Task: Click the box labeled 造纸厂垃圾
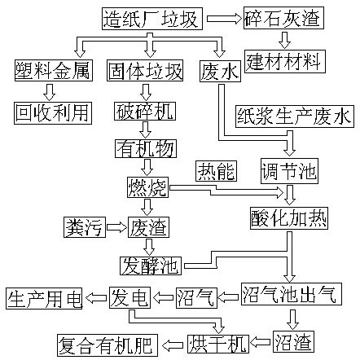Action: pyautogui.click(x=152, y=19)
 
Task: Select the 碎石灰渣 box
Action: pyautogui.click(x=283, y=18)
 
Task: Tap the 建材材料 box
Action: pyautogui.click(x=285, y=61)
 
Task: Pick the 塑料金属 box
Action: pyautogui.click(x=54, y=71)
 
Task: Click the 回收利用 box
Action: pyautogui.click(x=53, y=113)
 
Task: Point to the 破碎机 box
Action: pyautogui.click(x=145, y=112)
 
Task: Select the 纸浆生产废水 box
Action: pyautogui.click(x=295, y=116)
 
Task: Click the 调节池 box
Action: pyautogui.click(x=289, y=171)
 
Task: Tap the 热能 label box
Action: pyautogui.click(x=216, y=171)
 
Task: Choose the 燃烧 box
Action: pyautogui.click(x=147, y=187)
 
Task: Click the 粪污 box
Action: pyautogui.click(x=85, y=227)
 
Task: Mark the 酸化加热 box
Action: pyautogui.click(x=289, y=218)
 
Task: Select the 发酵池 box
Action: pyautogui.click(x=151, y=266)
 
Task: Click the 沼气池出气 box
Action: pyautogui.click(x=292, y=294)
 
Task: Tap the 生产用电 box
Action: pyautogui.click(x=44, y=299)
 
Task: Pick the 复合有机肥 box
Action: pyautogui.click(x=108, y=345)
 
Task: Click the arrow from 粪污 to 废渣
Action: pyautogui.click(x=116, y=227)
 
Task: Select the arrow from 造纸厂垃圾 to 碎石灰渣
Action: pyautogui.click(x=224, y=19)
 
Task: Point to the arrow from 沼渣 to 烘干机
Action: pyautogui.click(x=260, y=342)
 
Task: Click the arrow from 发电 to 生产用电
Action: pyautogui.click(x=96, y=298)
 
